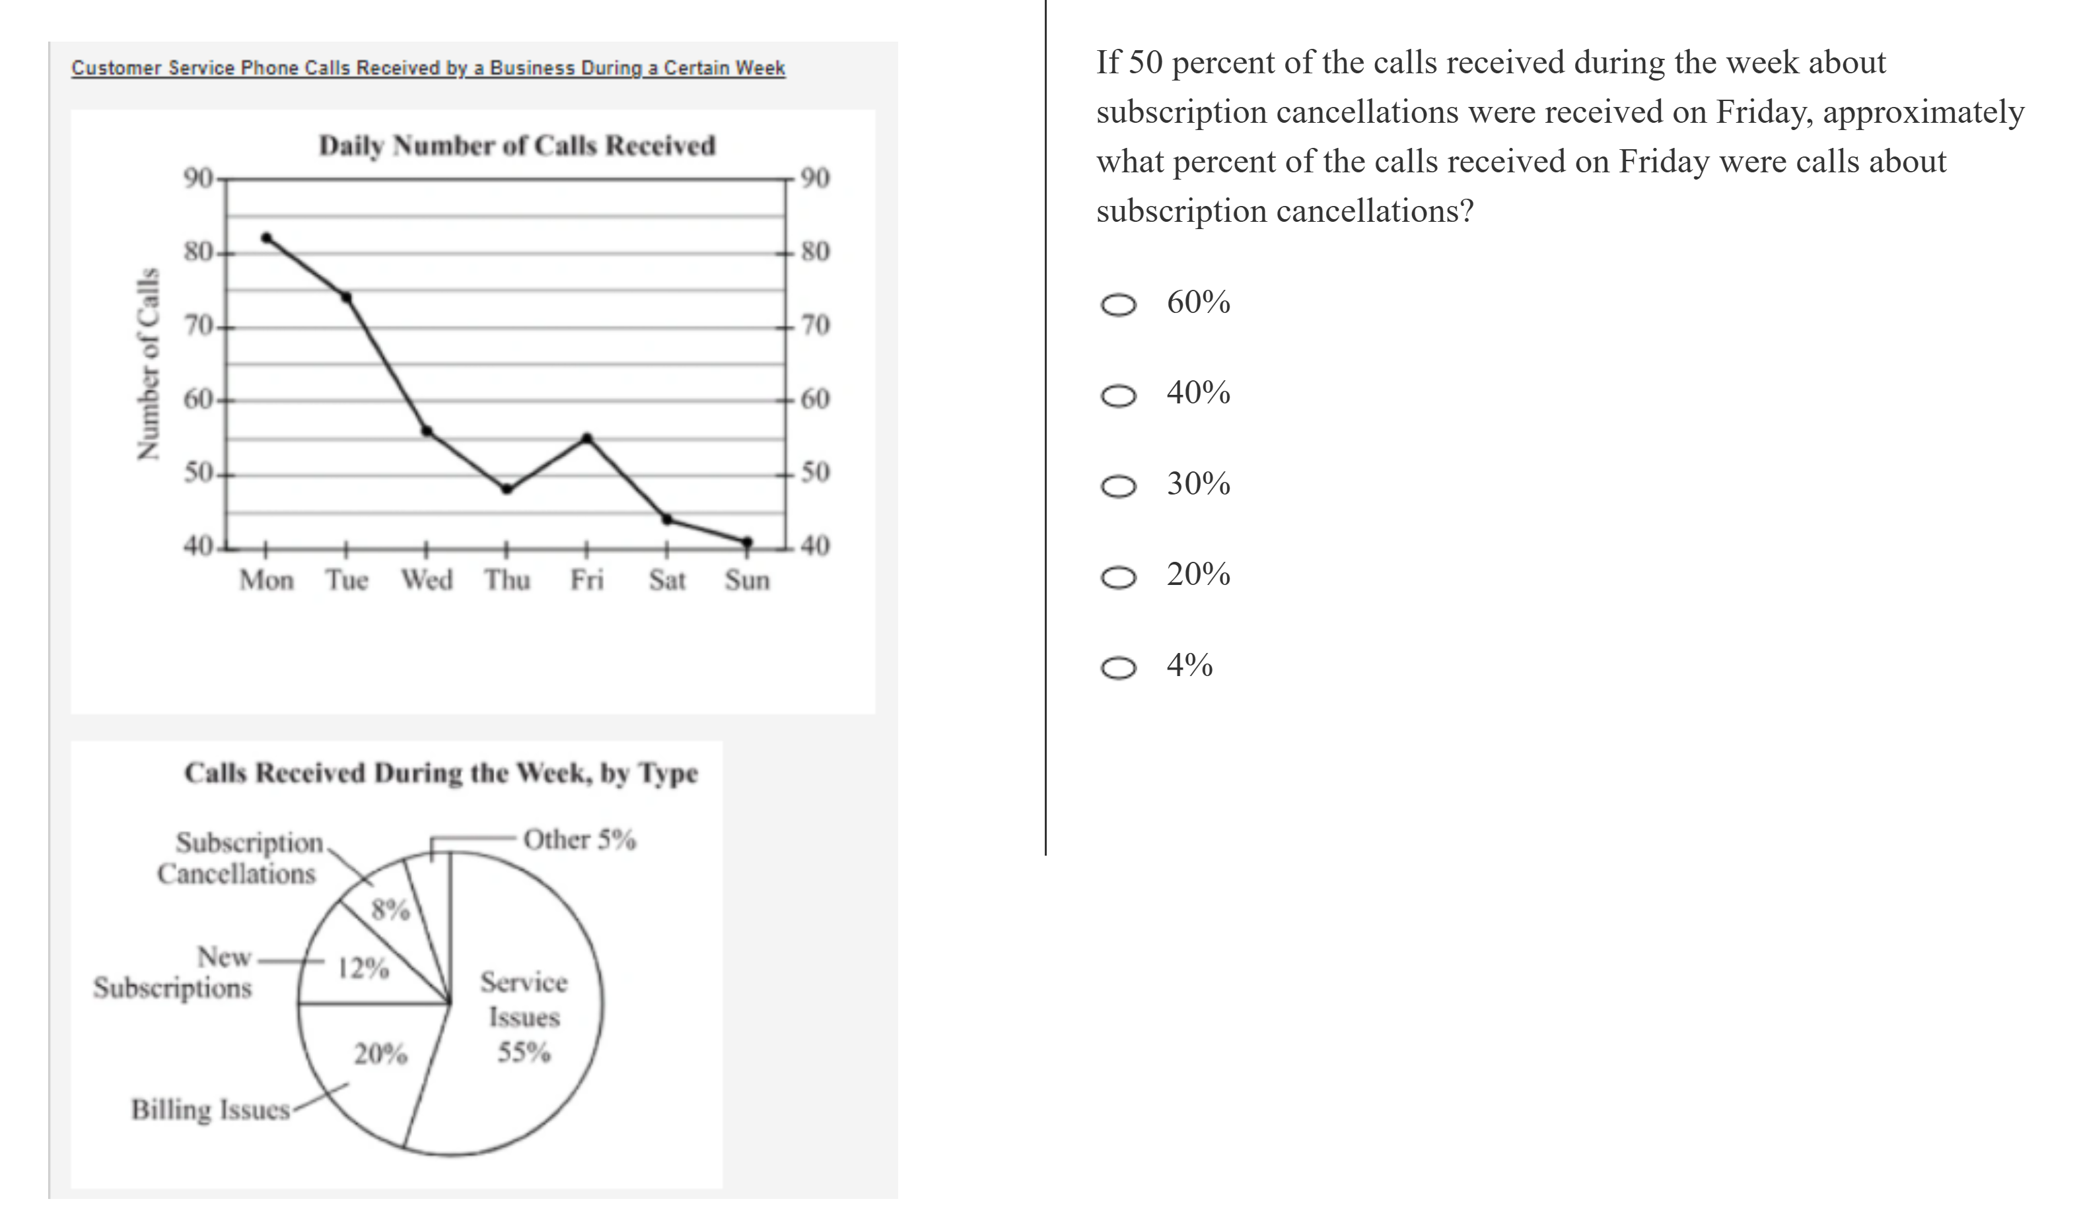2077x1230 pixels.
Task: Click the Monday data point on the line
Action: point(266,238)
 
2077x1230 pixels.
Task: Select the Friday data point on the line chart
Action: point(587,438)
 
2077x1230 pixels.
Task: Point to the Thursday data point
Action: point(507,489)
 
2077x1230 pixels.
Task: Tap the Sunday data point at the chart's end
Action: point(748,542)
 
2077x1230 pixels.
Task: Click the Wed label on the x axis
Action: point(427,580)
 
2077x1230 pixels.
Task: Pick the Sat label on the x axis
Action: point(667,580)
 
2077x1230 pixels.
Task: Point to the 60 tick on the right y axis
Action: point(816,399)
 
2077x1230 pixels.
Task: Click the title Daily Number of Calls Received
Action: point(517,146)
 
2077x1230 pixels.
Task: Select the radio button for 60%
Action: point(1118,305)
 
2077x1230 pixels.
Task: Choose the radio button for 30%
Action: point(1118,487)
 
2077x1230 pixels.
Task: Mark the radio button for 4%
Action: point(1118,668)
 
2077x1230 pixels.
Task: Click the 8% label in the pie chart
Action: point(390,910)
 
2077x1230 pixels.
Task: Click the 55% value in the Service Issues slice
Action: point(524,1052)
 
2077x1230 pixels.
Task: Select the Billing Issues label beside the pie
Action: point(211,1109)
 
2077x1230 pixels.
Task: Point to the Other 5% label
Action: point(579,840)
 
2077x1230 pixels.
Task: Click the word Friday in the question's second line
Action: point(1762,112)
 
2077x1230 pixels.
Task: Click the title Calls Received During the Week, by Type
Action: point(441,772)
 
